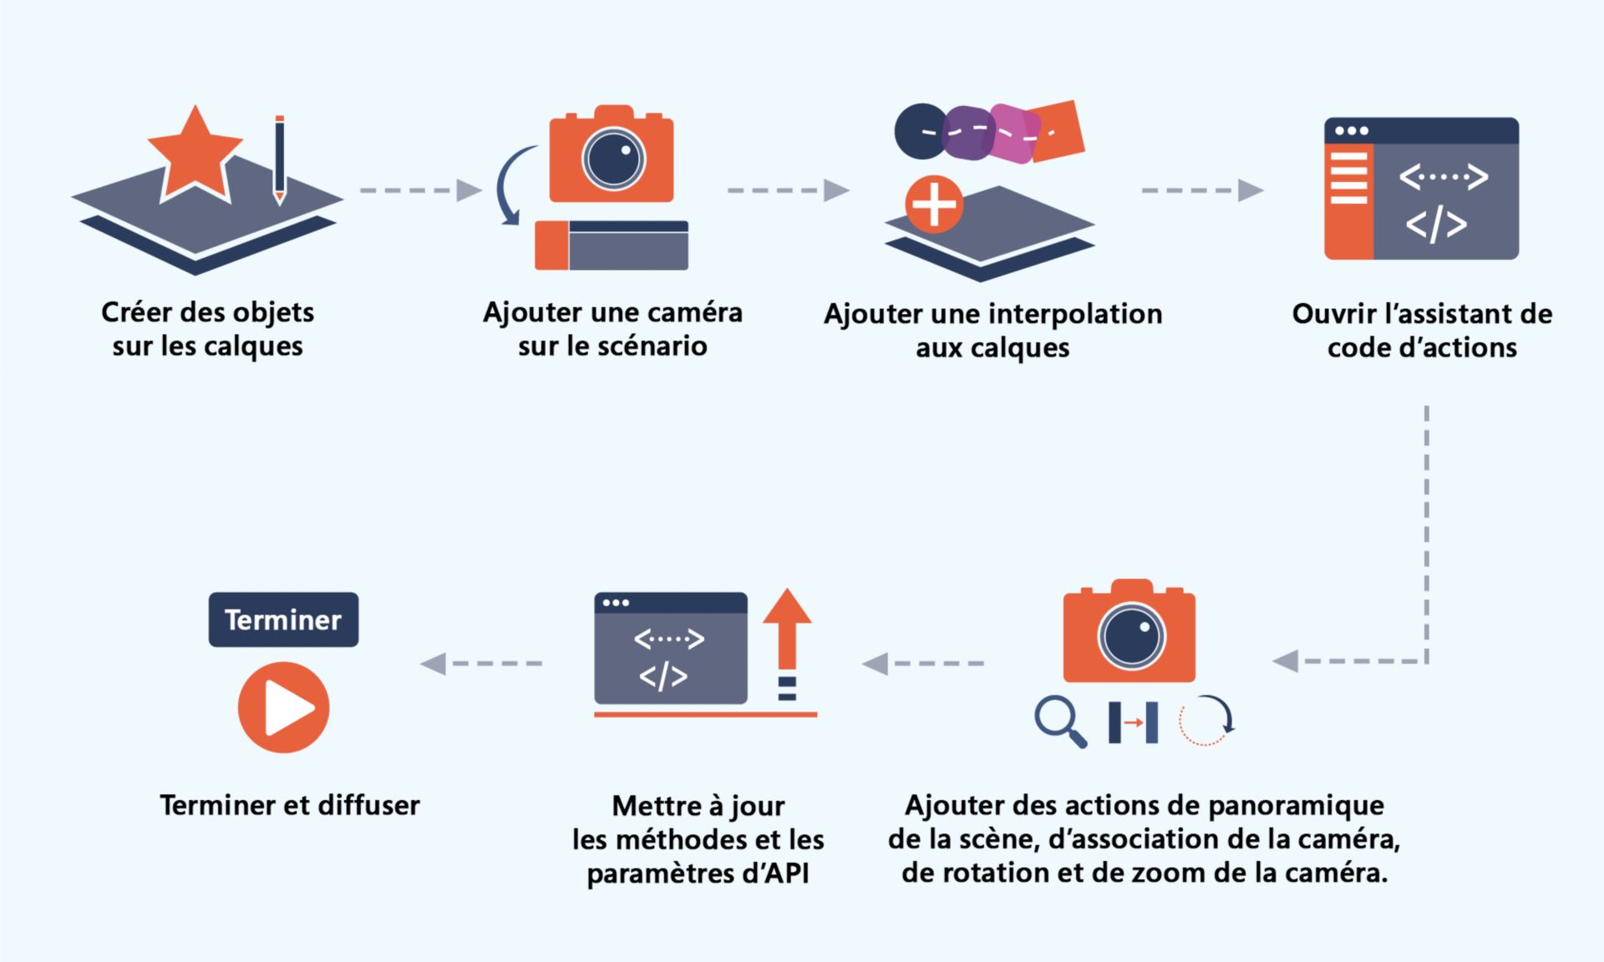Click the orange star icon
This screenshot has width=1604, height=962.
[x=195, y=155]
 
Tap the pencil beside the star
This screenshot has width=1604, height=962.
[x=279, y=159]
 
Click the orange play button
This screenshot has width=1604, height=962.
[x=283, y=707]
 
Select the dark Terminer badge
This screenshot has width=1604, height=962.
[x=283, y=620]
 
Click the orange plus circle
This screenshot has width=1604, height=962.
[x=934, y=205]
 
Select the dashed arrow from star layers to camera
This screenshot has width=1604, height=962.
[x=420, y=190]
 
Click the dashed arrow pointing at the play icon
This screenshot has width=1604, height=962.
[x=481, y=664]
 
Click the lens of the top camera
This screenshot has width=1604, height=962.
[x=613, y=159]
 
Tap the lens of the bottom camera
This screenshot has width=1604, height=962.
[x=1130, y=635]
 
